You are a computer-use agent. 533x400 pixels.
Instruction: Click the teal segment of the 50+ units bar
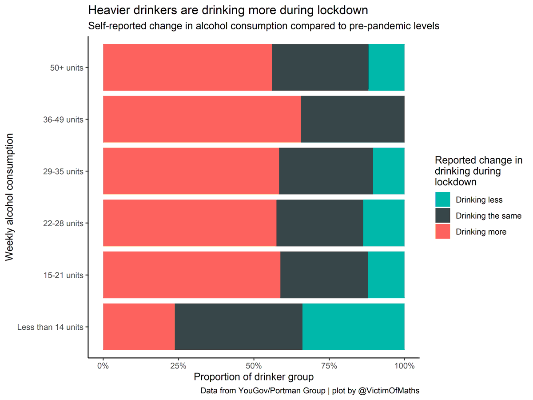click(x=386, y=67)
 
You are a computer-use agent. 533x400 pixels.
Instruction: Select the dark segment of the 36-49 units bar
click(x=353, y=119)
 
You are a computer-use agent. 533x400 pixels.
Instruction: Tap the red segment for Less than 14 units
click(x=139, y=327)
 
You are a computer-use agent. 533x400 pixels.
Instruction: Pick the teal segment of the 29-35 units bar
click(x=389, y=171)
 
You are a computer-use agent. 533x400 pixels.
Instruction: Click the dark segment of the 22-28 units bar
click(x=320, y=223)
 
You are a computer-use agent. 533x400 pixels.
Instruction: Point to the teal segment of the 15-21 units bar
click(x=386, y=275)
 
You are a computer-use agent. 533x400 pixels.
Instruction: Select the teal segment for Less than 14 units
click(x=354, y=327)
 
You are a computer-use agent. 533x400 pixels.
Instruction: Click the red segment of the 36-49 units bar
click(x=202, y=119)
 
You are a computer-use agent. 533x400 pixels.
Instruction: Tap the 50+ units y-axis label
click(x=67, y=68)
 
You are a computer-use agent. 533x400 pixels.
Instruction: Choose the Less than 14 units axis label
click(x=50, y=328)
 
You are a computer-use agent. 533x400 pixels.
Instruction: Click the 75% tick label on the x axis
click(x=329, y=366)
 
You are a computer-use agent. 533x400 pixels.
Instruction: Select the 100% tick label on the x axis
click(x=404, y=366)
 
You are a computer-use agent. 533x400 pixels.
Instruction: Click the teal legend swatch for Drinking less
click(x=442, y=200)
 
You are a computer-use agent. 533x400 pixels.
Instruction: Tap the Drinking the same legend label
click(x=488, y=216)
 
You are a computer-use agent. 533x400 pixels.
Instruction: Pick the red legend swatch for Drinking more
click(x=442, y=232)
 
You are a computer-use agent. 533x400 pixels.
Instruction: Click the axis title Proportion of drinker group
click(x=254, y=377)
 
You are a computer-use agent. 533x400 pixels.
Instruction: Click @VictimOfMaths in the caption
click(x=388, y=391)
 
